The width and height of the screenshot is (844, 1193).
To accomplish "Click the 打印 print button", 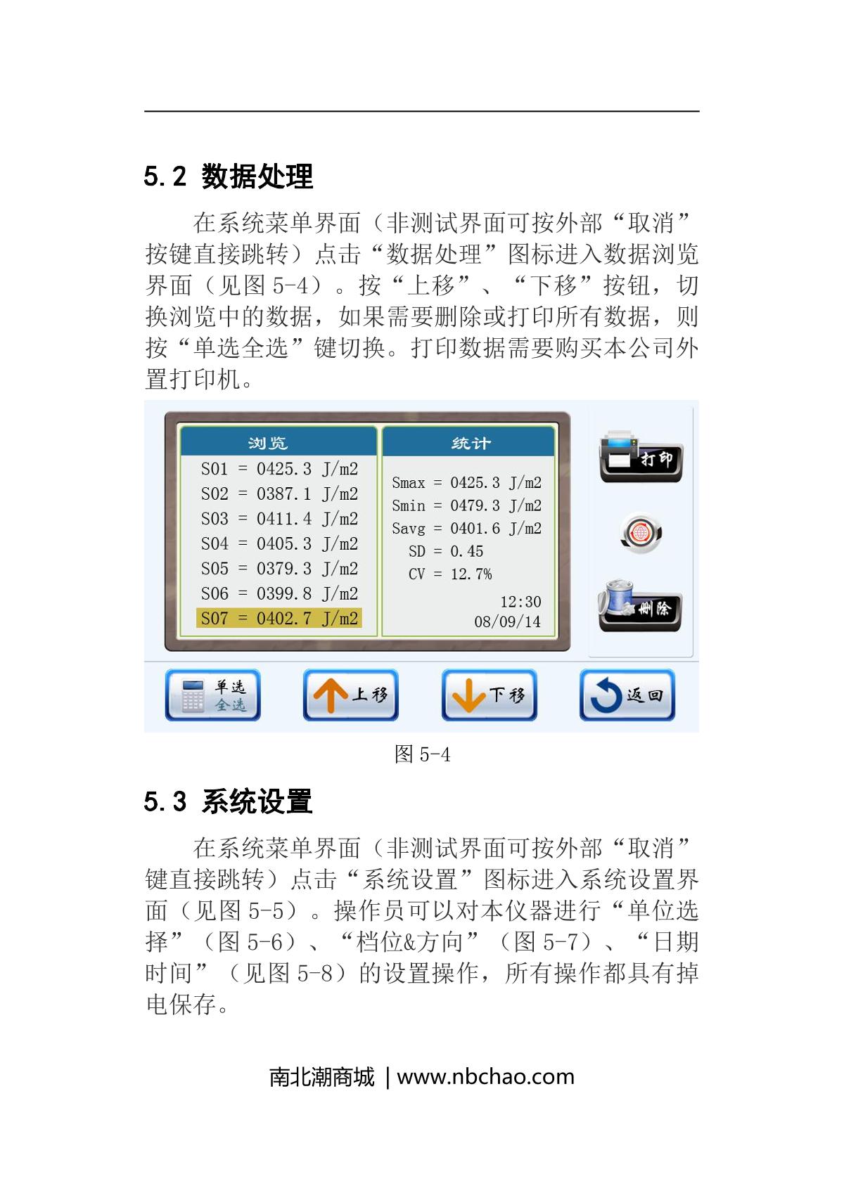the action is coord(641,456).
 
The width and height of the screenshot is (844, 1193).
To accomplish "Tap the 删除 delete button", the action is coord(640,606).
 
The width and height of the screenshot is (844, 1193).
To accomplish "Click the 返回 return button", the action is coord(627,695).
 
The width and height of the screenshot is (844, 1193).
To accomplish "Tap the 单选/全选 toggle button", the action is coord(212,695).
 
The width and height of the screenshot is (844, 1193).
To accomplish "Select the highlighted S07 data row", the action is coord(279,619).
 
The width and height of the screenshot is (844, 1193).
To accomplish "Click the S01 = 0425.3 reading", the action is coord(279,469).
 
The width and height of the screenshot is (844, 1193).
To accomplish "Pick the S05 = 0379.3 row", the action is coord(279,568).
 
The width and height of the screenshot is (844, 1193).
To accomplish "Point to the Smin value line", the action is coord(467,505).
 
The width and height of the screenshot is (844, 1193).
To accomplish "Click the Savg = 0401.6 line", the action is coord(467,529).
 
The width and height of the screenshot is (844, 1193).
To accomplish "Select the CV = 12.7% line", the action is coord(450,574).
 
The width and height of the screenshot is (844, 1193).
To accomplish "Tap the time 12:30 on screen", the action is coord(520,602).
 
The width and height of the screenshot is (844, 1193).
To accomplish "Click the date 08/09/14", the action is coord(507,621).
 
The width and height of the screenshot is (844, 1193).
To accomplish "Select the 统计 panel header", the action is coord(469,442).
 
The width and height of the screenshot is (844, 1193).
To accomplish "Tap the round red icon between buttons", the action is coord(641,533).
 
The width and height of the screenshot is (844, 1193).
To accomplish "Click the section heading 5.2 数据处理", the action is coord(228,176).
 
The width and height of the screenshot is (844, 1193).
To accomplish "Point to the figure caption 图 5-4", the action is coord(423,754).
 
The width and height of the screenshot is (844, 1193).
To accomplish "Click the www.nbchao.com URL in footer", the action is coord(486,1077).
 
